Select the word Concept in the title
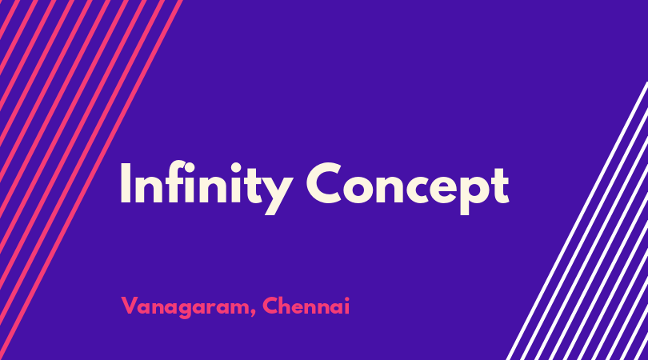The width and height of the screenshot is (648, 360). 407,188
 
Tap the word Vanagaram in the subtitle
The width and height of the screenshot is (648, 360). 186,307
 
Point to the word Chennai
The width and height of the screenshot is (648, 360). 306,306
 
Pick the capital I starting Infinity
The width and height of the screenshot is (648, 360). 126,182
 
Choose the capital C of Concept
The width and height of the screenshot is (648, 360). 324,182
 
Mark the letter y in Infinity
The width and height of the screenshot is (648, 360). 278,194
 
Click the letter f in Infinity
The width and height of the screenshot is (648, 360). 176,182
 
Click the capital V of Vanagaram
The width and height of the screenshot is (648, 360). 130,306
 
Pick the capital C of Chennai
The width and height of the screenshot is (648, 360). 270,306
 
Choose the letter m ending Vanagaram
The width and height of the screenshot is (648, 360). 240,308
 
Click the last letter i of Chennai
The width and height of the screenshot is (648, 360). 346,306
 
